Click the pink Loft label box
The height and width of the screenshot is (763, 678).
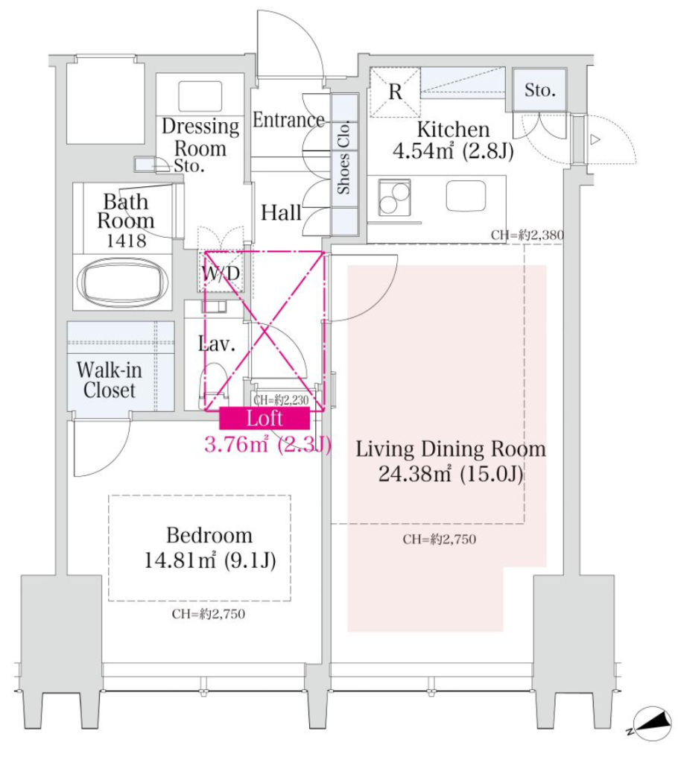point(264,418)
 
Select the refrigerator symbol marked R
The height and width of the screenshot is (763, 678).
point(395,92)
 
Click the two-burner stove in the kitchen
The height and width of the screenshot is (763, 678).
point(394,197)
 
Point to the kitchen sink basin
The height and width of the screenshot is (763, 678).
point(466,196)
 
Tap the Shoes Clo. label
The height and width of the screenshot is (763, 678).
point(343,157)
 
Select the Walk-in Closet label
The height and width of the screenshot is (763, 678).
point(109,380)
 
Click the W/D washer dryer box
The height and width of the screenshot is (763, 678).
point(221,271)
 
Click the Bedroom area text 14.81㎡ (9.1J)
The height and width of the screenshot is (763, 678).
point(210,560)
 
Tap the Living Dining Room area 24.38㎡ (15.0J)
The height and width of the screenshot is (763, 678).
point(451,473)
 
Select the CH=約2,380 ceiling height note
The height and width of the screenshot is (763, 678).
point(527,235)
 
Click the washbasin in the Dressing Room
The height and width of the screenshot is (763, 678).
point(200,96)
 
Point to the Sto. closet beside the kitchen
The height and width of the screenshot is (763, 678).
point(539,90)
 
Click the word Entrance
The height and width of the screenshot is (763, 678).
point(288,120)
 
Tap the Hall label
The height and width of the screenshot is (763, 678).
point(281,212)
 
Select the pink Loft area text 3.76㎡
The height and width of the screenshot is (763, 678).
point(236,444)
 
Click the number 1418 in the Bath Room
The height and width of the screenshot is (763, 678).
point(126,241)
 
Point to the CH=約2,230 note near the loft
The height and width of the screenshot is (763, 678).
point(282,400)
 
